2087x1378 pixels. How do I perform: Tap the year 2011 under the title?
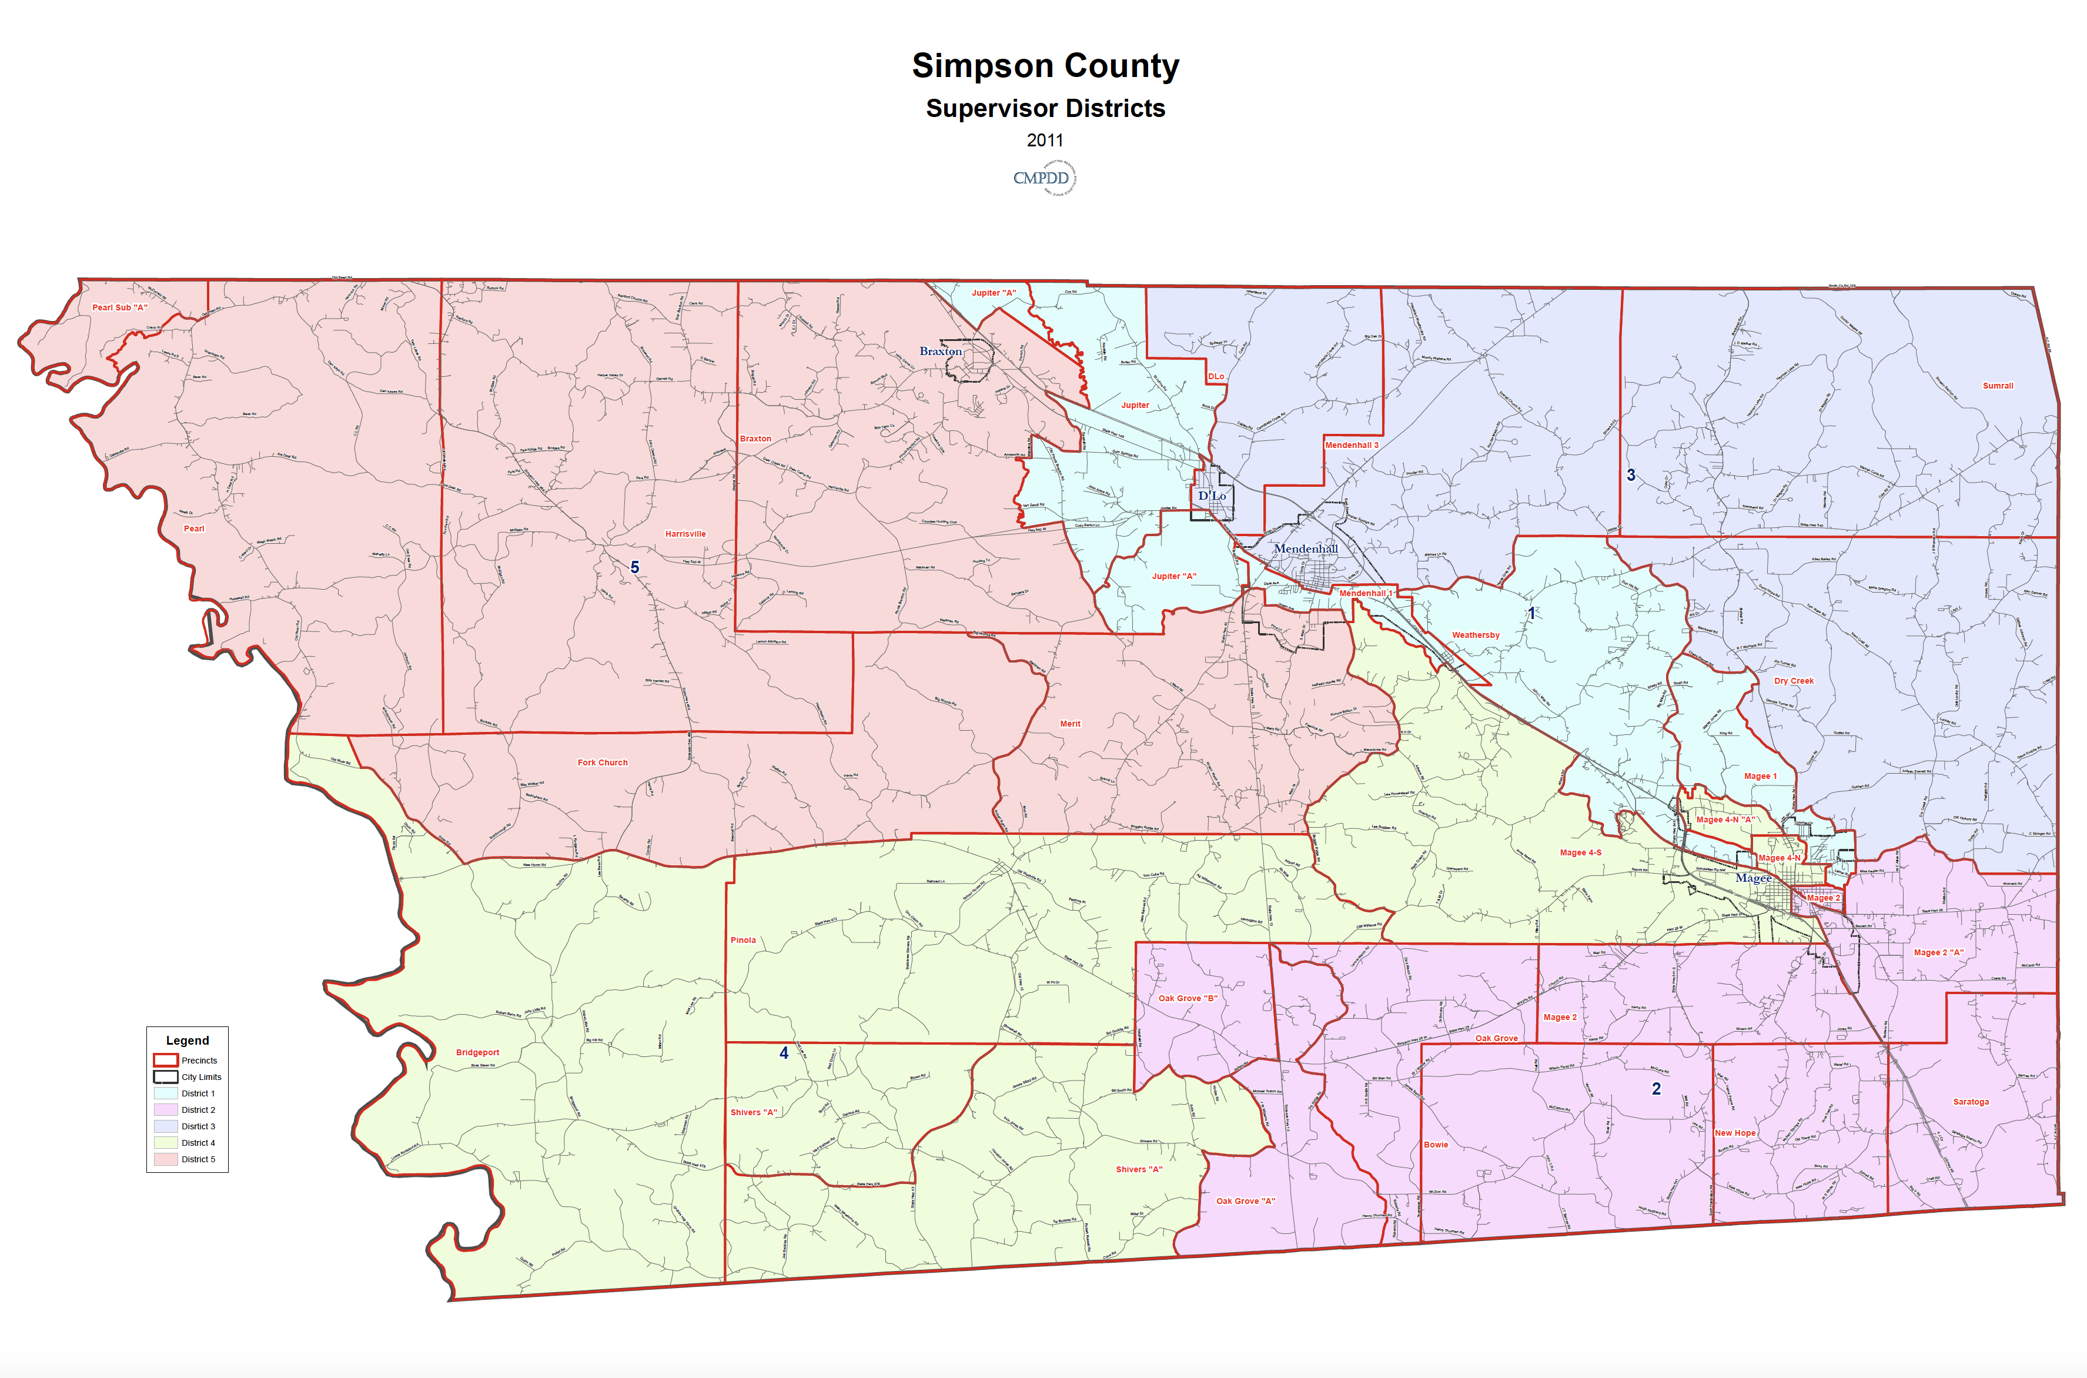(1045, 141)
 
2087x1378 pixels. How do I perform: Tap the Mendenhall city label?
(1306, 549)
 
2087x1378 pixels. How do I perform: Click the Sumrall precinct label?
(1998, 386)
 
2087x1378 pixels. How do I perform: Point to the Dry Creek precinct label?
(1794, 681)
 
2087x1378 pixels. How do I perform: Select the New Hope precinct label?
(1735, 1133)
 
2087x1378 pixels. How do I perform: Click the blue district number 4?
(784, 1053)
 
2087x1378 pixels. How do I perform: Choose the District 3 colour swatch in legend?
(166, 1126)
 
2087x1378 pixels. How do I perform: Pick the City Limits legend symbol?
(166, 1076)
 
